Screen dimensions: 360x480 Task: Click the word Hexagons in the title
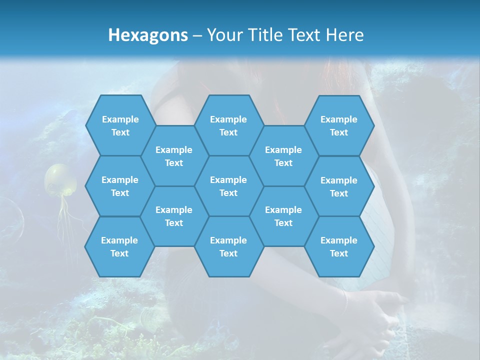point(148,35)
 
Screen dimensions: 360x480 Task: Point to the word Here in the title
point(344,35)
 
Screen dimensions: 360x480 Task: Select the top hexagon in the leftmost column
point(120,125)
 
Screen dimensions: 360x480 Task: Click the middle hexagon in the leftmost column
point(120,186)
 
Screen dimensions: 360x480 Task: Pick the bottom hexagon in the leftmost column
point(119,246)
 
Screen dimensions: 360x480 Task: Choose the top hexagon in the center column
point(228,125)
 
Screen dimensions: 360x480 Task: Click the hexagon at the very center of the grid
point(228,186)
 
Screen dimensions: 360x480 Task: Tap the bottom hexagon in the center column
point(228,246)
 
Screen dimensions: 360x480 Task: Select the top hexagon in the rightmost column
point(339,125)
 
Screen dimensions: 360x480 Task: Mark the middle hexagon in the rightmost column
point(339,186)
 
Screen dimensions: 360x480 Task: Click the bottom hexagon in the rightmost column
point(339,246)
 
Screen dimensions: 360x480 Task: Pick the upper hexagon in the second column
point(174,156)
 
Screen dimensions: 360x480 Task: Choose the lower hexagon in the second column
point(174,216)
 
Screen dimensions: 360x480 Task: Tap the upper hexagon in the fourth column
point(283,156)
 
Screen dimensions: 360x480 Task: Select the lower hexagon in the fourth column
point(283,216)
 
